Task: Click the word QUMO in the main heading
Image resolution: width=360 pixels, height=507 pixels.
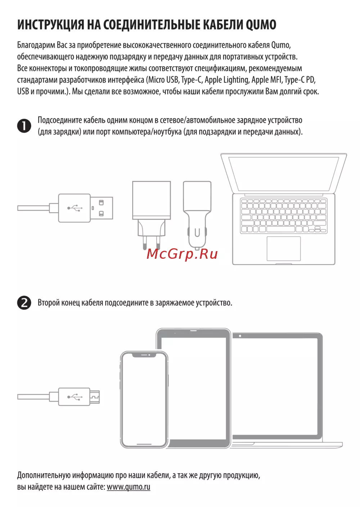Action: click(261, 25)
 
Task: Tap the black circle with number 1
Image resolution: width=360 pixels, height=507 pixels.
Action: click(24, 126)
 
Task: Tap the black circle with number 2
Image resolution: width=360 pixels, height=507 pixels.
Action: click(24, 303)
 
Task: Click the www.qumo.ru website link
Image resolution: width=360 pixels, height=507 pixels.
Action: click(129, 486)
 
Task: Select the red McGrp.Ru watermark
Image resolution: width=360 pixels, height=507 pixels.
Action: click(182, 254)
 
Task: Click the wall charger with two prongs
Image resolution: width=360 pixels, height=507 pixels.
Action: click(152, 215)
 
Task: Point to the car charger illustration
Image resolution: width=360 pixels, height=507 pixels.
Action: click(197, 215)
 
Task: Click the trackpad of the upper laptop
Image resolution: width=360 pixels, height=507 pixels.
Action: click(284, 249)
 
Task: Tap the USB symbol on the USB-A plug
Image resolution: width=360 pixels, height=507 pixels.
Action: click(75, 208)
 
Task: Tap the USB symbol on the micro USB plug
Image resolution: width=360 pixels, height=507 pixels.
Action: click(75, 397)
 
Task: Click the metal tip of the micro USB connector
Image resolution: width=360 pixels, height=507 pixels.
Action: click(95, 397)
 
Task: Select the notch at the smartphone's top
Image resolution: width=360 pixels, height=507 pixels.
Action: click(144, 356)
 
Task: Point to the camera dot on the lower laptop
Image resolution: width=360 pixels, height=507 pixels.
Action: click(240, 336)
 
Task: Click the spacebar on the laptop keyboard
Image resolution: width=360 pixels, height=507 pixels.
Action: click(281, 229)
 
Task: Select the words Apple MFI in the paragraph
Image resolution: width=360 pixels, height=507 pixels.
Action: click(266, 80)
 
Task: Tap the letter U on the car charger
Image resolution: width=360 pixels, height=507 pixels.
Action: click(197, 232)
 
